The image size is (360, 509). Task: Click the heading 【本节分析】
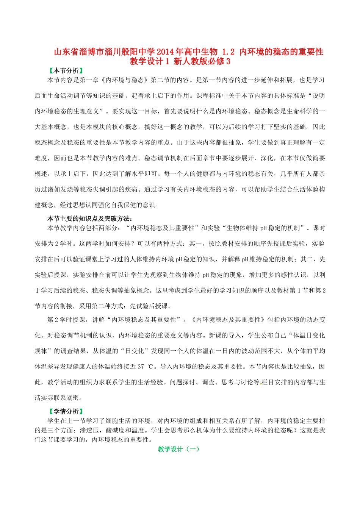tap(66, 71)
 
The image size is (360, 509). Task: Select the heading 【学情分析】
tap(66, 411)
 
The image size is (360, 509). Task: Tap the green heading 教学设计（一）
tap(178, 449)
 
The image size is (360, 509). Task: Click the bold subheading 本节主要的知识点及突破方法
tap(89, 219)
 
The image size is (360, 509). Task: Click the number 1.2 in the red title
tap(228, 52)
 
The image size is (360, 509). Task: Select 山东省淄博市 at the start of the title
tap(75, 52)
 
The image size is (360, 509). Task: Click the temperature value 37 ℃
tap(146, 367)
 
